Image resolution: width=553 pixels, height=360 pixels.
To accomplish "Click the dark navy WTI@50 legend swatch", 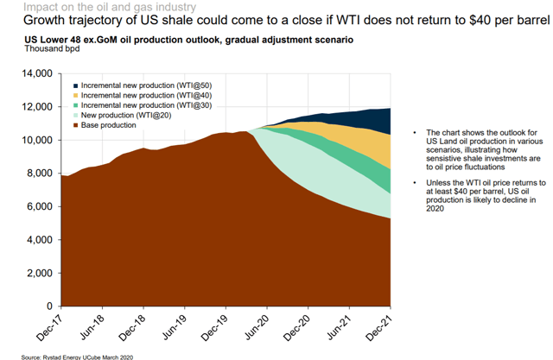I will coord(74,85).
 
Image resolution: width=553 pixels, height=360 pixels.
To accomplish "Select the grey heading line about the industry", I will coord(91,6).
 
